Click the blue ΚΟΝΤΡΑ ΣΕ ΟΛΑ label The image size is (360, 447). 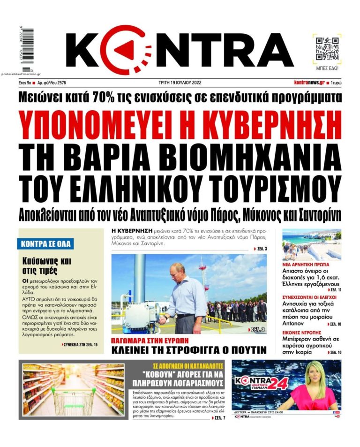pos(47,244)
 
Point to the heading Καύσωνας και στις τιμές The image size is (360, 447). pos(40,266)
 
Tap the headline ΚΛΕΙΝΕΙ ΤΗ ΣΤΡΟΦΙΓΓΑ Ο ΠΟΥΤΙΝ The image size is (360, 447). pos(189,350)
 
